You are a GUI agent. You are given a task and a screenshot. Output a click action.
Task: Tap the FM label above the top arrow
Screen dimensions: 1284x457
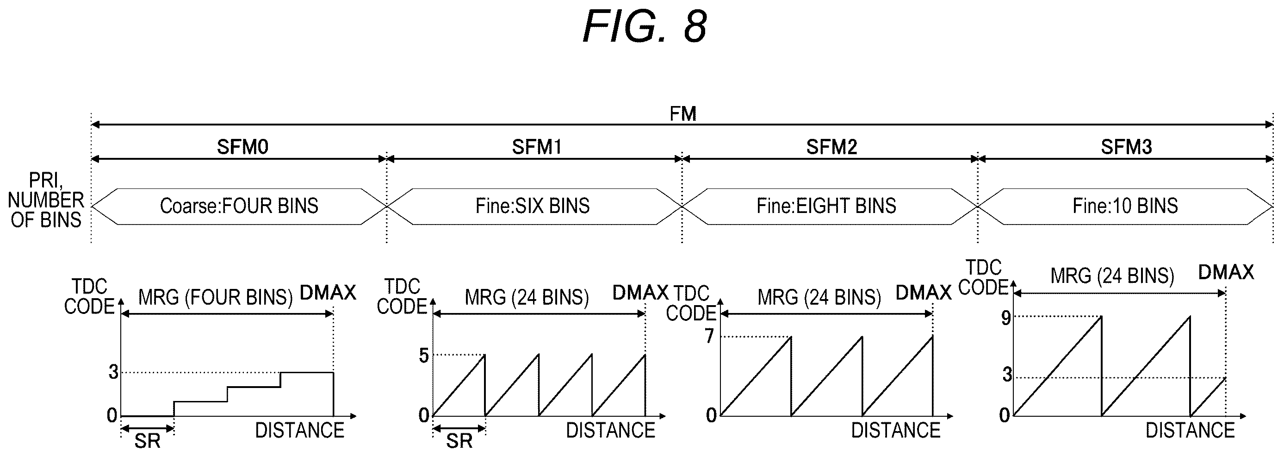click(682, 114)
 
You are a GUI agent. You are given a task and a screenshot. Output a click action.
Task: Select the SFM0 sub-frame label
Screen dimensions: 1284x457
click(242, 147)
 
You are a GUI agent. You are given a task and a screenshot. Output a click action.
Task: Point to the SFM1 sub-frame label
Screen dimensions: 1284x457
click(537, 147)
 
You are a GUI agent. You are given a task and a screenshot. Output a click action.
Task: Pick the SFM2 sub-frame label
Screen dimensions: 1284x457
click(832, 147)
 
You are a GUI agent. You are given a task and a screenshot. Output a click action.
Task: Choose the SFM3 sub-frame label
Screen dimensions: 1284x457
click(1127, 147)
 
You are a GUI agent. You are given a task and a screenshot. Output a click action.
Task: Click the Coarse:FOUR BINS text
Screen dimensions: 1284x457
click(239, 206)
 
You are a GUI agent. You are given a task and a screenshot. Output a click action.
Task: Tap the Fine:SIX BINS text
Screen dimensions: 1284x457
click(533, 206)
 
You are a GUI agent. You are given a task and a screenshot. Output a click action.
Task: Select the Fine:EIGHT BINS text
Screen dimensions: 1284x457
click(826, 206)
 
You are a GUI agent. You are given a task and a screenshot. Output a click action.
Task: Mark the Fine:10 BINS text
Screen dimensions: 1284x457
click(1125, 206)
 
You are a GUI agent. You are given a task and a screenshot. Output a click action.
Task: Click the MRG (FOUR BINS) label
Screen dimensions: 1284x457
click(215, 297)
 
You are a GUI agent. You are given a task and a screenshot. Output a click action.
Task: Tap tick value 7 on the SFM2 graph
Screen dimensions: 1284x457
click(709, 336)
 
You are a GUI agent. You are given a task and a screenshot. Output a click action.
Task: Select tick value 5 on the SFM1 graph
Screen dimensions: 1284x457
click(424, 356)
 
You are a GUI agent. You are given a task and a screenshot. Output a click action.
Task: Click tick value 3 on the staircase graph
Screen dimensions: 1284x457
click(114, 372)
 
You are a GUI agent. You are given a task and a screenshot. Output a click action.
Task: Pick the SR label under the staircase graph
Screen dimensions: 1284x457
click(148, 441)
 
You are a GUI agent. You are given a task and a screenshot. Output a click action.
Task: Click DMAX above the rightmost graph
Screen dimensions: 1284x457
click(1226, 272)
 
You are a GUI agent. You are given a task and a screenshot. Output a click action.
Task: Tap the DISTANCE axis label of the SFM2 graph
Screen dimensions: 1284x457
click(895, 430)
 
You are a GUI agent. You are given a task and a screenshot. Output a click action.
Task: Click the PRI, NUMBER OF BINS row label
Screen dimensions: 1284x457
click(46, 200)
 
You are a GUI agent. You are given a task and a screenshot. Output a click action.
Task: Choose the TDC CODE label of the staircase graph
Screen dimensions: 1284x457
click(89, 297)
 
